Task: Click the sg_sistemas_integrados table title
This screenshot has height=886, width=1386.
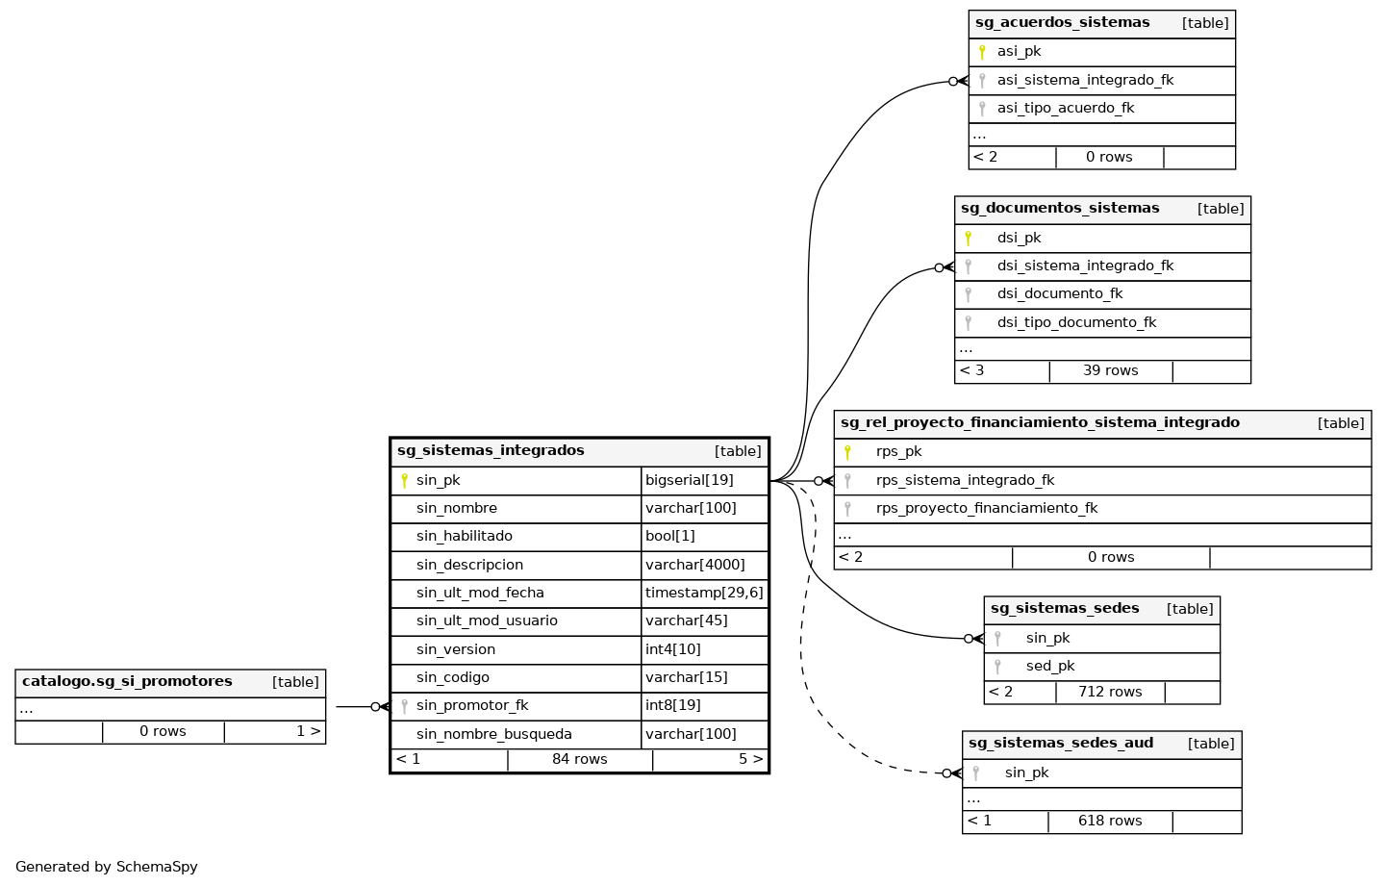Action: (491, 451)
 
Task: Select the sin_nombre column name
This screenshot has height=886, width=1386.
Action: (457, 508)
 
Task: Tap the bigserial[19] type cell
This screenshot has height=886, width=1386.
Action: (690, 480)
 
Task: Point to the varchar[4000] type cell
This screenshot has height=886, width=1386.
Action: (694, 565)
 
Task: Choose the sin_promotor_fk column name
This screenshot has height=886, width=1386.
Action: (472, 705)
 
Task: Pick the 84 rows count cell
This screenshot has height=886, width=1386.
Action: (579, 759)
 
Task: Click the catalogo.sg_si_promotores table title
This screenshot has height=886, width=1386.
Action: (127, 682)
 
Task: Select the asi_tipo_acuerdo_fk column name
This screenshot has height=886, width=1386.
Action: (1066, 108)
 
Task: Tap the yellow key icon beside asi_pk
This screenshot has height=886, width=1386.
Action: (982, 52)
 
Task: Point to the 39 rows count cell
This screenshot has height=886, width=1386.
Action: (1110, 370)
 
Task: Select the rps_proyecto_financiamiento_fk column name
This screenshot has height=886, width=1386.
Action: (987, 508)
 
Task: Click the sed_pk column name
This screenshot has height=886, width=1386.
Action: (1050, 666)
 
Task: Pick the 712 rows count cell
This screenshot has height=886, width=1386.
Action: (1110, 692)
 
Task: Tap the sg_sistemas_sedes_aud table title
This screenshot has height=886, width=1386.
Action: (1061, 744)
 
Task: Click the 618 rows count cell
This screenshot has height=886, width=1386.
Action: (1110, 821)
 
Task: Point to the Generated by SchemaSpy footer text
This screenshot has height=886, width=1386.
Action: (107, 867)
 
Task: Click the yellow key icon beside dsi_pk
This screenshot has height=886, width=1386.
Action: (969, 238)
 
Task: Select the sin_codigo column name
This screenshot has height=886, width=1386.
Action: (453, 677)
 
